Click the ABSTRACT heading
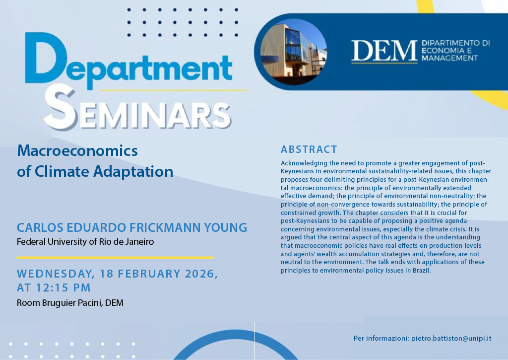click(309, 149)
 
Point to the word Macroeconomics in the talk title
click(77, 150)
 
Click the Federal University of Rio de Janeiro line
click(85, 242)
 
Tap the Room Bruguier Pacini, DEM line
click(70, 302)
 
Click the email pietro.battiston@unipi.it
click(451, 339)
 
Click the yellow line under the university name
click(115, 258)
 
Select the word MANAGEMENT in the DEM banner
click(450, 58)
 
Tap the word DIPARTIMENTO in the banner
click(455, 43)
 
